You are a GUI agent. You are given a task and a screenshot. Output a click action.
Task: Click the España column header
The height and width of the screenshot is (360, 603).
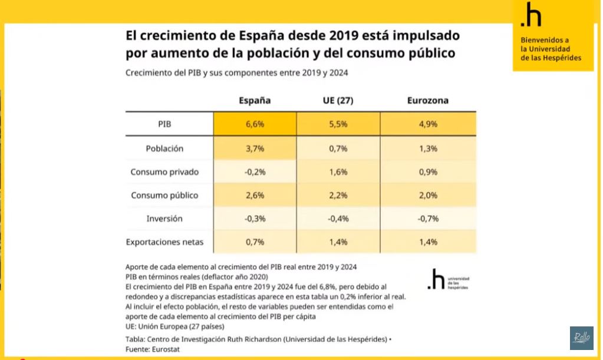coord(254,100)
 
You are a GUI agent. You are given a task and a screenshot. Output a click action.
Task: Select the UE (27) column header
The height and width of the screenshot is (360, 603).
coord(338,100)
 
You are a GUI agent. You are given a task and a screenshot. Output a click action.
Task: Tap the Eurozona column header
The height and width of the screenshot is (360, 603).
coord(427,100)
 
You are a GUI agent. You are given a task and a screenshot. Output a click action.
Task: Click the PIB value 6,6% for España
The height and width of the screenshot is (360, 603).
coord(255,124)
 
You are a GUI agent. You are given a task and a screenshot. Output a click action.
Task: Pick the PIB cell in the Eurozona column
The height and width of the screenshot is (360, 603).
coord(427,124)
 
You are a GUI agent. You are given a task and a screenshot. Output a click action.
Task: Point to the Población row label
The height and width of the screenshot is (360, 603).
coord(164,148)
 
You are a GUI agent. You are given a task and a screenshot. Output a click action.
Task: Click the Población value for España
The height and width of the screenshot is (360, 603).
coord(255,148)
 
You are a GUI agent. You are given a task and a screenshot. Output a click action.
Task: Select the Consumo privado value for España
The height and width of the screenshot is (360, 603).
coord(255,172)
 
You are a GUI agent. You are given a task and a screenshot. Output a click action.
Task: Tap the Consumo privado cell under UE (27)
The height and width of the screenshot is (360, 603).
coord(338,172)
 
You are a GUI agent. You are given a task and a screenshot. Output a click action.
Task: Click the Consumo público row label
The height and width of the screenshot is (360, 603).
coord(164,195)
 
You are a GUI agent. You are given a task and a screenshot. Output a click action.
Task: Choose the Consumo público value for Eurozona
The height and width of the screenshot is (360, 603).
coord(427,195)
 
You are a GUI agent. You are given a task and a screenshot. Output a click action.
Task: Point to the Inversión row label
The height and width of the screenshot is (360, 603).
coord(164,219)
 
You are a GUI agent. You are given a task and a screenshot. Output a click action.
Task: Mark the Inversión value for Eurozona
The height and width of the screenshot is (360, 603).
coord(427,219)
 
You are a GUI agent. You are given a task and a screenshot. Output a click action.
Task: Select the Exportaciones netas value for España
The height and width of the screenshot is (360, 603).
coord(255,242)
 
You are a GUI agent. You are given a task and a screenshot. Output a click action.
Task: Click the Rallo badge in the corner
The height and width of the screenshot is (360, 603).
coord(581,338)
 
